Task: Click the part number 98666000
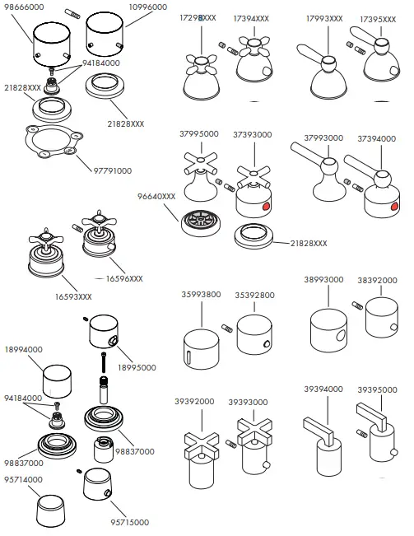pos(24,7)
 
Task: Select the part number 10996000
pos(148,7)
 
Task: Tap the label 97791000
pos(113,171)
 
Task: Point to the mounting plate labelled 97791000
pos(54,141)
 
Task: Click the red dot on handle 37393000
pos(265,206)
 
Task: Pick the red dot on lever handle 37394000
pos(394,206)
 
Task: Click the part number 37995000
pos(199,134)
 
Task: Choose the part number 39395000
pos(377,390)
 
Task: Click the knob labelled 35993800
pos(201,349)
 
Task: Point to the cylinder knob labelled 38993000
pos(329,330)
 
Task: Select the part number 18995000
pos(137,368)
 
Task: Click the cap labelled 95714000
pos(50,510)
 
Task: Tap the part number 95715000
pos(130,522)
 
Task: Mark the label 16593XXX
pos(73,296)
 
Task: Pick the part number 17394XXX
pos(251,19)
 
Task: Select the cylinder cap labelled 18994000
pos(57,381)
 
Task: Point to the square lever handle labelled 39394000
pos(323,446)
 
